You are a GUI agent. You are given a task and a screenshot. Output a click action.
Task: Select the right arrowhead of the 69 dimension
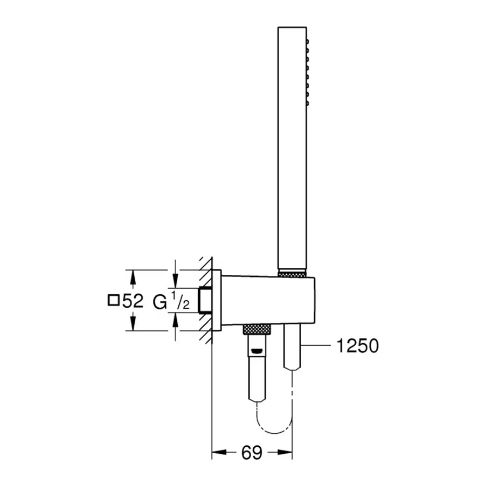click(x=288, y=452)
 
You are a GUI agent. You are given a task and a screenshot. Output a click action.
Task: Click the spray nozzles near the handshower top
click(x=308, y=70)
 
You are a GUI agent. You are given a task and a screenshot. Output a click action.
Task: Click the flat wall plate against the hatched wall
click(x=216, y=300)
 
